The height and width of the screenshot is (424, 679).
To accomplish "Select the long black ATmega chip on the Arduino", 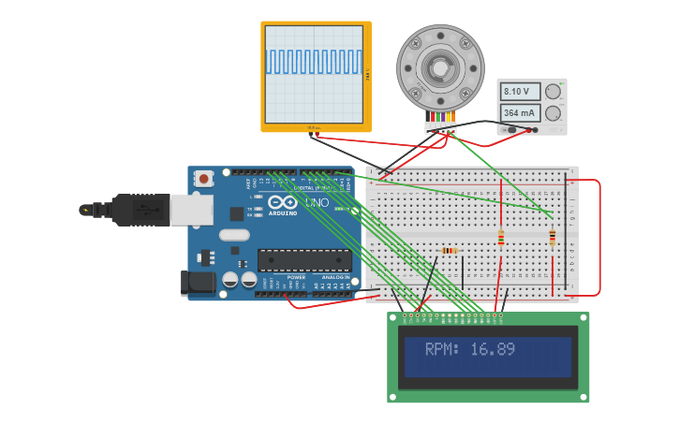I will click(x=304, y=260).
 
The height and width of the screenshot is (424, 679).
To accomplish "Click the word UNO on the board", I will click(x=312, y=202).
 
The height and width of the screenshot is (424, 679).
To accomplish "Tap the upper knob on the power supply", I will click(x=554, y=91).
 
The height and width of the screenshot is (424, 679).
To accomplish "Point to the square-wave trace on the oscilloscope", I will click(x=313, y=62).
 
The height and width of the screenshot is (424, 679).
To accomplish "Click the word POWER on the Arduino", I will click(x=296, y=278).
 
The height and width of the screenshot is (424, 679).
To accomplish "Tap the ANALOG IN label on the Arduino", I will click(x=335, y=278).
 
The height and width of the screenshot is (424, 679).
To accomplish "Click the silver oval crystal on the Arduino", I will click(x=235, y=236).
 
